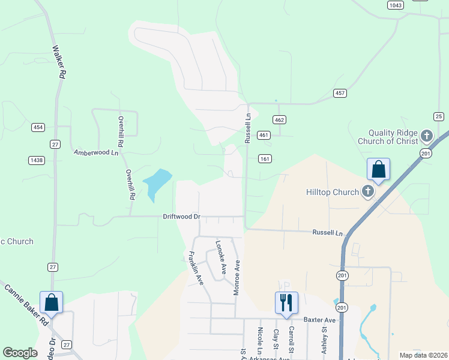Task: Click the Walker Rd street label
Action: tap(59, 63)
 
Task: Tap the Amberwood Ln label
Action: tap(96, 152)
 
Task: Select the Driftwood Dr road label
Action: tap(181, 216)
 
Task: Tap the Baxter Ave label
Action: tap(318, 320)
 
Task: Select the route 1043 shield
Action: tap(395, 5)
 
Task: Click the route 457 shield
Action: tap(340, 93)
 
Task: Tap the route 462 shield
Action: tap(279, 120)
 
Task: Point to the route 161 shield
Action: tap(265, 159)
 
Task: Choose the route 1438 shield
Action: tap(37, 160)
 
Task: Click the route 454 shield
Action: tap(38, 127)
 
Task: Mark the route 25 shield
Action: tap(439, 116)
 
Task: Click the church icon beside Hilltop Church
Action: tap(368, 192)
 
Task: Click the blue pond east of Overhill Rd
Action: tap(155, 182)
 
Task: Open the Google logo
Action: tap(20, 353)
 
